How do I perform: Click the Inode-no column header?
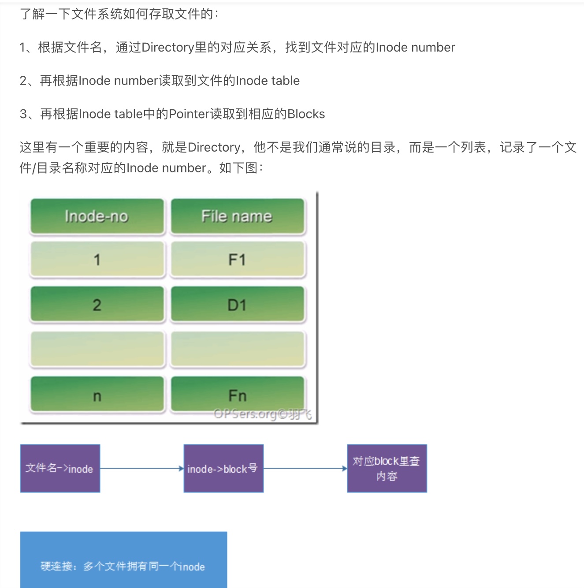point(97,216)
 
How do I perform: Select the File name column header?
point(237,216)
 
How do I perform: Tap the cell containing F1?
point(237,260)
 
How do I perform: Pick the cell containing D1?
point(237,305)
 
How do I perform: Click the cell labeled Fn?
point(237,394)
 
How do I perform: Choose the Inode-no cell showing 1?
point(97,260)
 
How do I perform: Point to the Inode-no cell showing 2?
point(97,305)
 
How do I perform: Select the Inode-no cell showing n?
point(97,395)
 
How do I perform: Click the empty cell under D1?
point(237,350)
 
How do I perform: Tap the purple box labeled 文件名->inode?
point(60,468)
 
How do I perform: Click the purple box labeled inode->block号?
point(223,468)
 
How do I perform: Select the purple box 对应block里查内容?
point(387,468)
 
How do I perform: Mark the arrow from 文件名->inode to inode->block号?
point(141,469)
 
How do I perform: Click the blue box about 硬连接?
point(123,560)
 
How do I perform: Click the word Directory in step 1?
point(167,47)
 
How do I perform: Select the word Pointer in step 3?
point(190,114)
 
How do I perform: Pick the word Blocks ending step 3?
point(306,114)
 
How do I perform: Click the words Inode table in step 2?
point(268,81)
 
